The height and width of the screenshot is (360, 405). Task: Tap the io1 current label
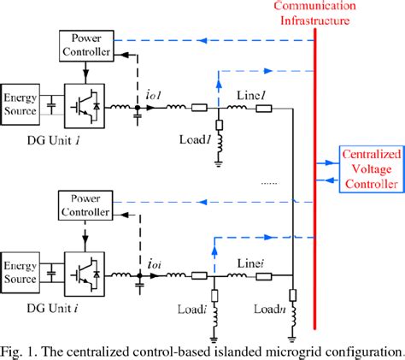153,94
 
